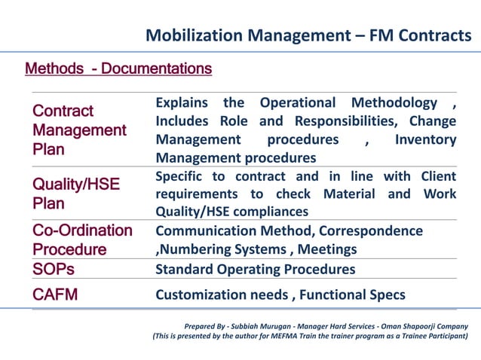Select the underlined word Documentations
click(x=157, y=69)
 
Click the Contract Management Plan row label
click(x=79, y=130)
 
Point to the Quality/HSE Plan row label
click(x=75, y=194)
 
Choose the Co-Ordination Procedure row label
click(x=81, y=239)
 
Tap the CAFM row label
click(x=55, y=294)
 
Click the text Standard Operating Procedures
click(x=255, y=269)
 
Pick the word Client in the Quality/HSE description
click(x=435, y=176)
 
